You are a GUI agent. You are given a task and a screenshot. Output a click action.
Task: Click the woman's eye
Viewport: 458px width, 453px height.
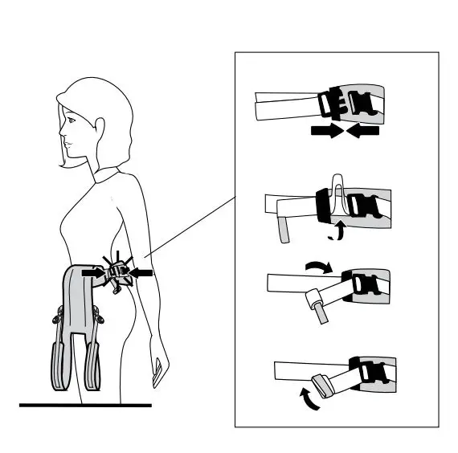tap(72, 123)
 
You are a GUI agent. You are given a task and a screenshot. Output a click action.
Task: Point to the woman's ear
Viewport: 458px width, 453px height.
tap(101, 129)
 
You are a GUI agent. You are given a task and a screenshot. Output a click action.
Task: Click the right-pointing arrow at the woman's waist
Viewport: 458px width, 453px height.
tap(94, 272)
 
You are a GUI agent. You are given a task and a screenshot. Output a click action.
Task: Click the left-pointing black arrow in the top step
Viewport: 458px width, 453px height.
tap(364, 129)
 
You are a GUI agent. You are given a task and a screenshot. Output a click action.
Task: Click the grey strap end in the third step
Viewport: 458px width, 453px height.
tap(320, 310)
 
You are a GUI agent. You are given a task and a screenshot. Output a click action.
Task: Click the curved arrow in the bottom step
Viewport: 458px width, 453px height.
tap(306, 398)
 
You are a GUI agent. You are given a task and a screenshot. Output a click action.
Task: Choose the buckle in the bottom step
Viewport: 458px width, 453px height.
tap(369, 373)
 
